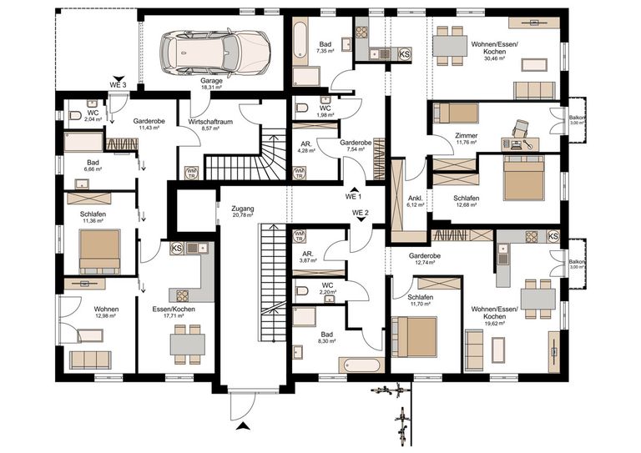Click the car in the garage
(x=214, y=51)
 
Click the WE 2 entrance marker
(x=361, y=214)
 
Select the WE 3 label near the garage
(x=119, y=85)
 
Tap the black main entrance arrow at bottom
(x=243, y=426)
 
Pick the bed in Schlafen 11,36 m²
(x=99, y=249)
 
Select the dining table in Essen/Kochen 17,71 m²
(x=187, y=340)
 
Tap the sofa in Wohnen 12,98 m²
(x=89, y=359)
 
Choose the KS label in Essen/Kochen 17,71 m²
(x=176, y=248)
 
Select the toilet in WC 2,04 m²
(x=74, y=116)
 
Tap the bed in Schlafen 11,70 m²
(x=415, y=336)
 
